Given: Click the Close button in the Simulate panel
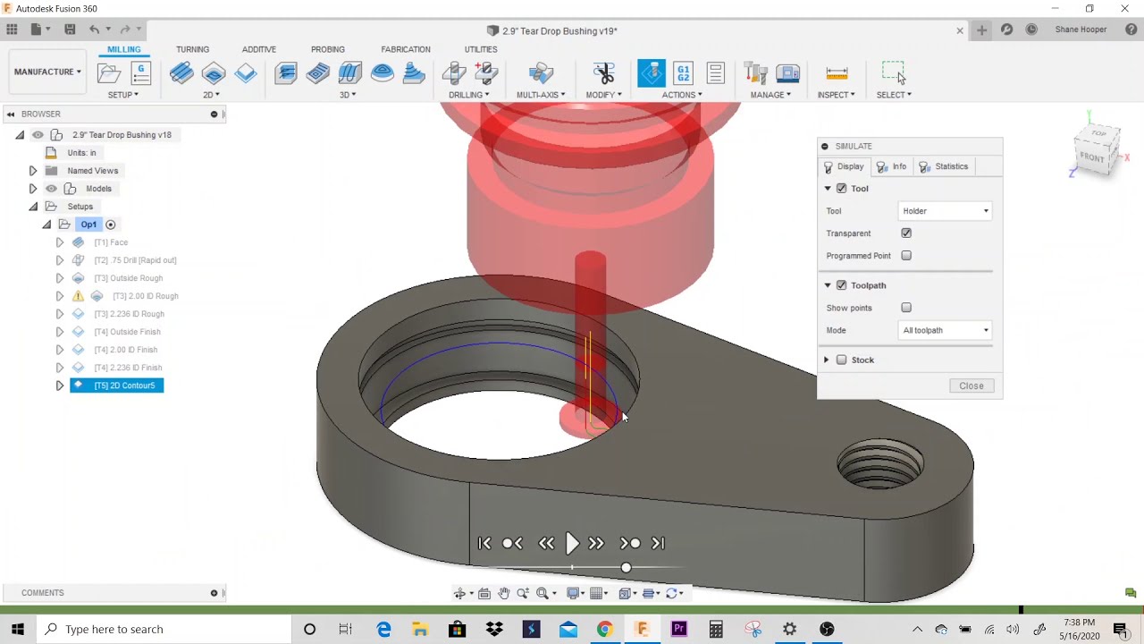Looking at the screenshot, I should tap(971, 386).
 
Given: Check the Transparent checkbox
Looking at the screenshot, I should tap(906, 233).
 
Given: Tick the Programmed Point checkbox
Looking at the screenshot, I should tap(906, 256).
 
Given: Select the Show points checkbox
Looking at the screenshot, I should tap(906, 308).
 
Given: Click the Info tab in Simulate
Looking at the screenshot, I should tap(892, 166).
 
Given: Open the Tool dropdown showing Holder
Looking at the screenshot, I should tap(946, 211).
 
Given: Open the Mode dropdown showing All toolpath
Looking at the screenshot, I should tap(946, 330).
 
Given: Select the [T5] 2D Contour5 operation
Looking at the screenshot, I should tap(124, 386).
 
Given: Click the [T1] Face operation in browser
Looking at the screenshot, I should tap(112, 242).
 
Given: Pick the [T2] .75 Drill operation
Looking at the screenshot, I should tap(135, 260).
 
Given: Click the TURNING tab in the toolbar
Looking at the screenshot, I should tap(192, 49).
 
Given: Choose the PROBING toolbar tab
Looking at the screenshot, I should tap(328, 49).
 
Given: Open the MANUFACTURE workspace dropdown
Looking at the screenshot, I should tap(47, 72).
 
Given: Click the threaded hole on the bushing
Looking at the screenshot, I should tap(879, 463).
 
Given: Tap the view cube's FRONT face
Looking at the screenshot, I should tap(1092, 157).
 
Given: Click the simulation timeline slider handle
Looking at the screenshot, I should tap(626, 568).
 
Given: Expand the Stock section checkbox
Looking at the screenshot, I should tap(841, 360).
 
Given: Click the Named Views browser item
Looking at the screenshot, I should tap(93, 171).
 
